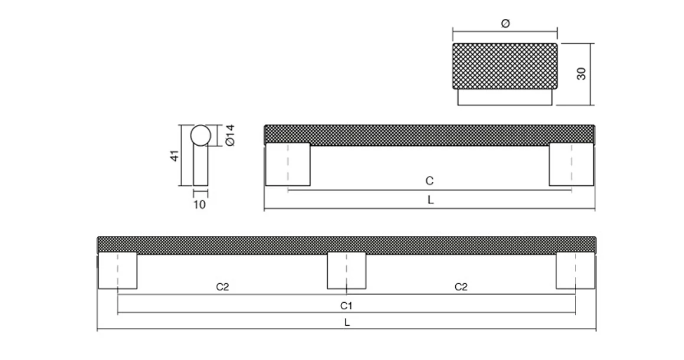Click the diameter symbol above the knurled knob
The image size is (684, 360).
[505, 24]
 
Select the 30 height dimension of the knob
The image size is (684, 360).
[581, 74]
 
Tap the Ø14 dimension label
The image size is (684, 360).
[230, 135]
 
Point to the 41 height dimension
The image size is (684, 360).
[174, 156]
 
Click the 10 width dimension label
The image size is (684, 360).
[199, 205]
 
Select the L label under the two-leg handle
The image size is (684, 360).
[430, 200]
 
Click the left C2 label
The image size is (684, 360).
[222, 287]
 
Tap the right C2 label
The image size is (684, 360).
[461, 287]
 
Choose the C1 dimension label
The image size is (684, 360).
[347, 306]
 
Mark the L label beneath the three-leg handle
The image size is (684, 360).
[347, 322]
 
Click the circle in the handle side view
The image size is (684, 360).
[200, 135]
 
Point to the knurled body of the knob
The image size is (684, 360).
[505, 66]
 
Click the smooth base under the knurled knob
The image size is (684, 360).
[505, 97]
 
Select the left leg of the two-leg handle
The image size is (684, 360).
[287, 164]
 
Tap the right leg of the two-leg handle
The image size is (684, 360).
[571, 164]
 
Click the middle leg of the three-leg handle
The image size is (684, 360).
[346, 271]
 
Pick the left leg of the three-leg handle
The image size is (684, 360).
[117, 271]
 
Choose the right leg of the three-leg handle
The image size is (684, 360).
[575, 271]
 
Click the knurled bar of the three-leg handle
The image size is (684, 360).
[347, 245]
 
